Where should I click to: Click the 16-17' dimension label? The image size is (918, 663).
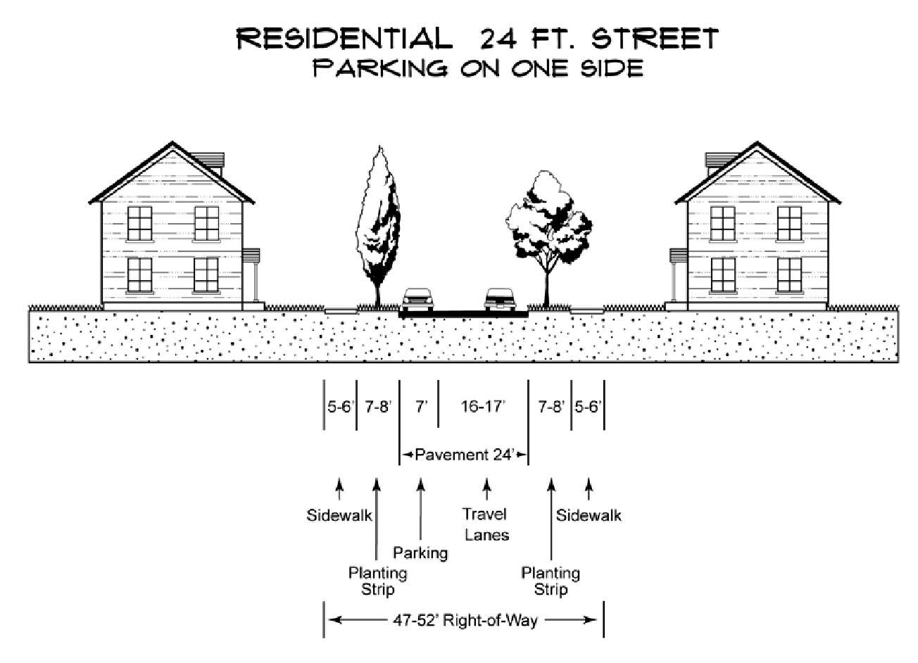(483, 407)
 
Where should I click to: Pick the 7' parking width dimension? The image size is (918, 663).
(420, 407)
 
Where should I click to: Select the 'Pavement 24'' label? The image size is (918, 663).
(462, 454)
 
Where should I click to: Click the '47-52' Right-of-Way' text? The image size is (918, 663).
(465, 620)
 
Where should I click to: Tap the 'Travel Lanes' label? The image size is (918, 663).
(486, 524)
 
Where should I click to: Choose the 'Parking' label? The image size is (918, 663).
(420, 552)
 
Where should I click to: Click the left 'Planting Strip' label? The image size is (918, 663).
(377, 581)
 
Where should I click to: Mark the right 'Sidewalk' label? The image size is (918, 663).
(589, 515)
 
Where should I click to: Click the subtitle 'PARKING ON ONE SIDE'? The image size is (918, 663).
(478, 68)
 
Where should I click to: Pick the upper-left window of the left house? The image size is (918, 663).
(140, 223)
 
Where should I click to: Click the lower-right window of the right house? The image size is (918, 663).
(789, 275)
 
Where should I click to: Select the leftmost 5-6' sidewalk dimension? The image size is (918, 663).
(340, 407)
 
